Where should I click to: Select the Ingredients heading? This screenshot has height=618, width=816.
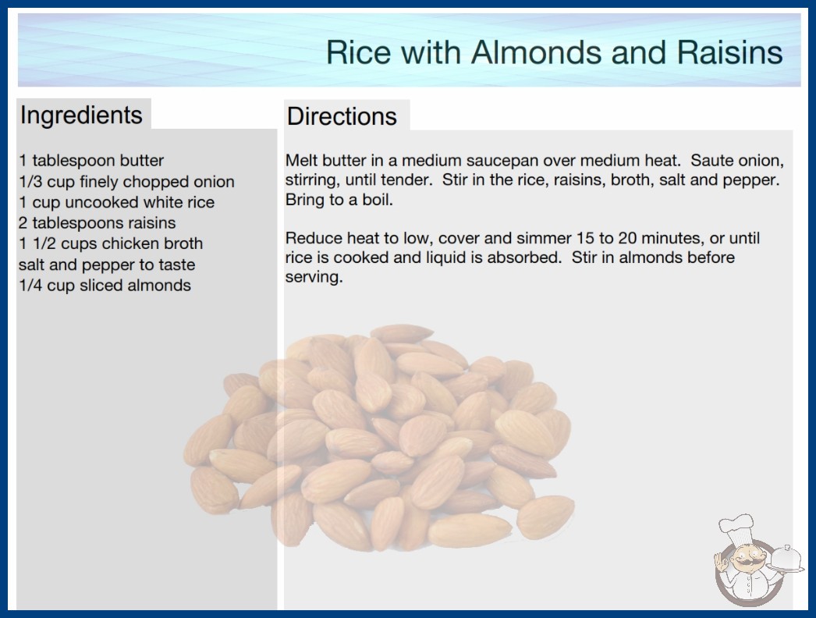81,115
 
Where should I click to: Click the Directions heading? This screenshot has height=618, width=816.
342,116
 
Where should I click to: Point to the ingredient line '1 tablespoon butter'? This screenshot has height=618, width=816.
91,161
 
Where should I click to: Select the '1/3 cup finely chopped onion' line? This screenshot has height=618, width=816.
126,181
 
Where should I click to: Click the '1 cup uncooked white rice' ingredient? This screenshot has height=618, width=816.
116,202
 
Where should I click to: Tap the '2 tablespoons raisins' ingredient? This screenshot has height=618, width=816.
98,223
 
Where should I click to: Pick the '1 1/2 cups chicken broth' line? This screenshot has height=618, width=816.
111,243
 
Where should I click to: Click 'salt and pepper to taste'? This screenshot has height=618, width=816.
107,265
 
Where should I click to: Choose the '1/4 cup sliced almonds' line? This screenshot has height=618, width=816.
105,286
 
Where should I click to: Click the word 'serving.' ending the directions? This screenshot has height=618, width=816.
314,278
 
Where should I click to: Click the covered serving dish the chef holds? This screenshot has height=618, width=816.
786,559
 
